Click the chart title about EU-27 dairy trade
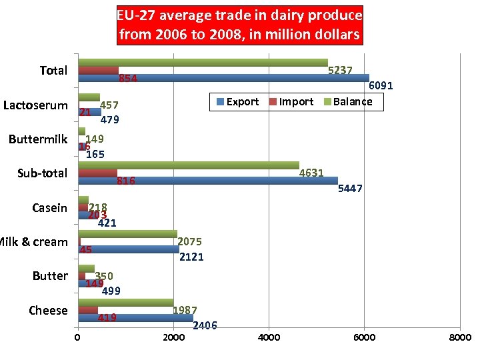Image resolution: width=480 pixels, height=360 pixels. tap(240, 25)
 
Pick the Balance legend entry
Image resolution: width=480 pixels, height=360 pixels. tap(353, 102)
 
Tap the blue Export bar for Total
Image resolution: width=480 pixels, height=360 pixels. tap(223, 78)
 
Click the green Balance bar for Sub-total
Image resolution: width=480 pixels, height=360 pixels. tap(189, 165)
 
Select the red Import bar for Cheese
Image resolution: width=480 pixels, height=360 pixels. tap(88, 310)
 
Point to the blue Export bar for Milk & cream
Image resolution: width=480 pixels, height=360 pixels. tap(128, 249)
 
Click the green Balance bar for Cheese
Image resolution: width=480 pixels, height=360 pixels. tap(125, 303)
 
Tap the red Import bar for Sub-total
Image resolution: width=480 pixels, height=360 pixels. tap(97, 173)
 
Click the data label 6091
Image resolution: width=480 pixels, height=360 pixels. tap(381, 86)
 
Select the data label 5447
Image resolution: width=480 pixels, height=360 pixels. tap(350, 189)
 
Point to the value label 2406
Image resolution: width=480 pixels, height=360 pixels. tap(205, 325)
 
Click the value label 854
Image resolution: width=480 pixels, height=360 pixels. tap(127, 79)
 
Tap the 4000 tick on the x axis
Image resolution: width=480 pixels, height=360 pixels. tap(269, 337)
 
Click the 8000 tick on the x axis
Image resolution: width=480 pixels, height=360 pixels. tap(459, 337)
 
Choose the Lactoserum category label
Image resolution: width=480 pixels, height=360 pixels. tap(35, 105)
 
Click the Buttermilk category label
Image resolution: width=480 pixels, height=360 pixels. tap(38, 139)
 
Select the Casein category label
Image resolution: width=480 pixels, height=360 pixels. tap(49, 208)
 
